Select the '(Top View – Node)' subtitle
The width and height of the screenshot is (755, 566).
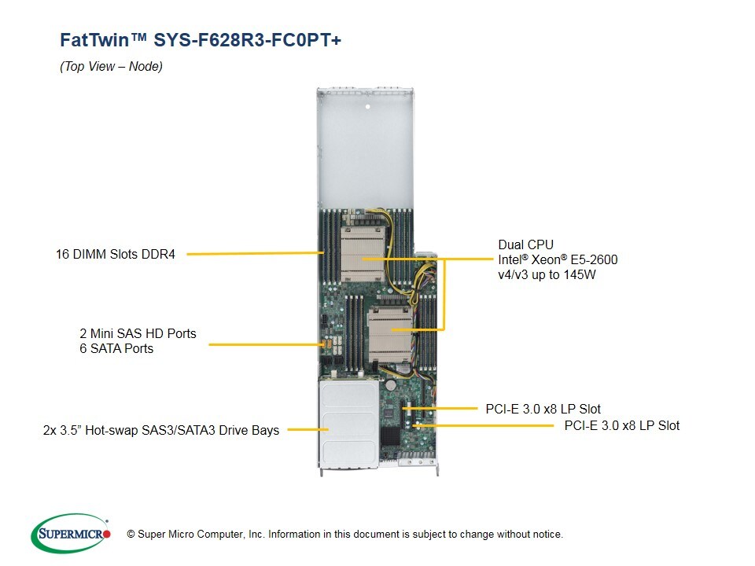pyautogui.click(x=111, y=67)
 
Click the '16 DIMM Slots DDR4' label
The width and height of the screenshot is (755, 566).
pyautogui.click(x=116, y=254)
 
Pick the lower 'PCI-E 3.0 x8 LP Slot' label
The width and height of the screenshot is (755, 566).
pyautogui.click(x=622, y=425)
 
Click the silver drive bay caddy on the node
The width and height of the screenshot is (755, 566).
pyautogui.click(x=346, y=424)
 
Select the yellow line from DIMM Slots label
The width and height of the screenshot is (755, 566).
pyautogui.click(x=255, y=254)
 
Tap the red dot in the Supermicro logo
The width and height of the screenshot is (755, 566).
pyautogui.click(x=107, y=535)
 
